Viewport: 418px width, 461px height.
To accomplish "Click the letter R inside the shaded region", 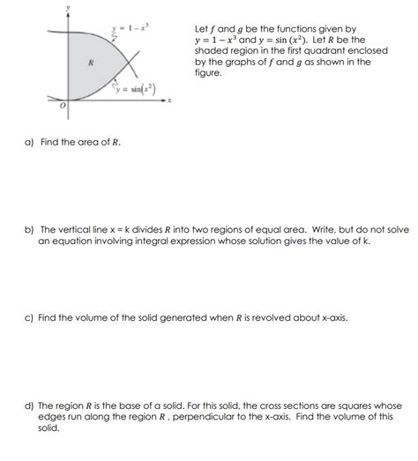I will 89,62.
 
